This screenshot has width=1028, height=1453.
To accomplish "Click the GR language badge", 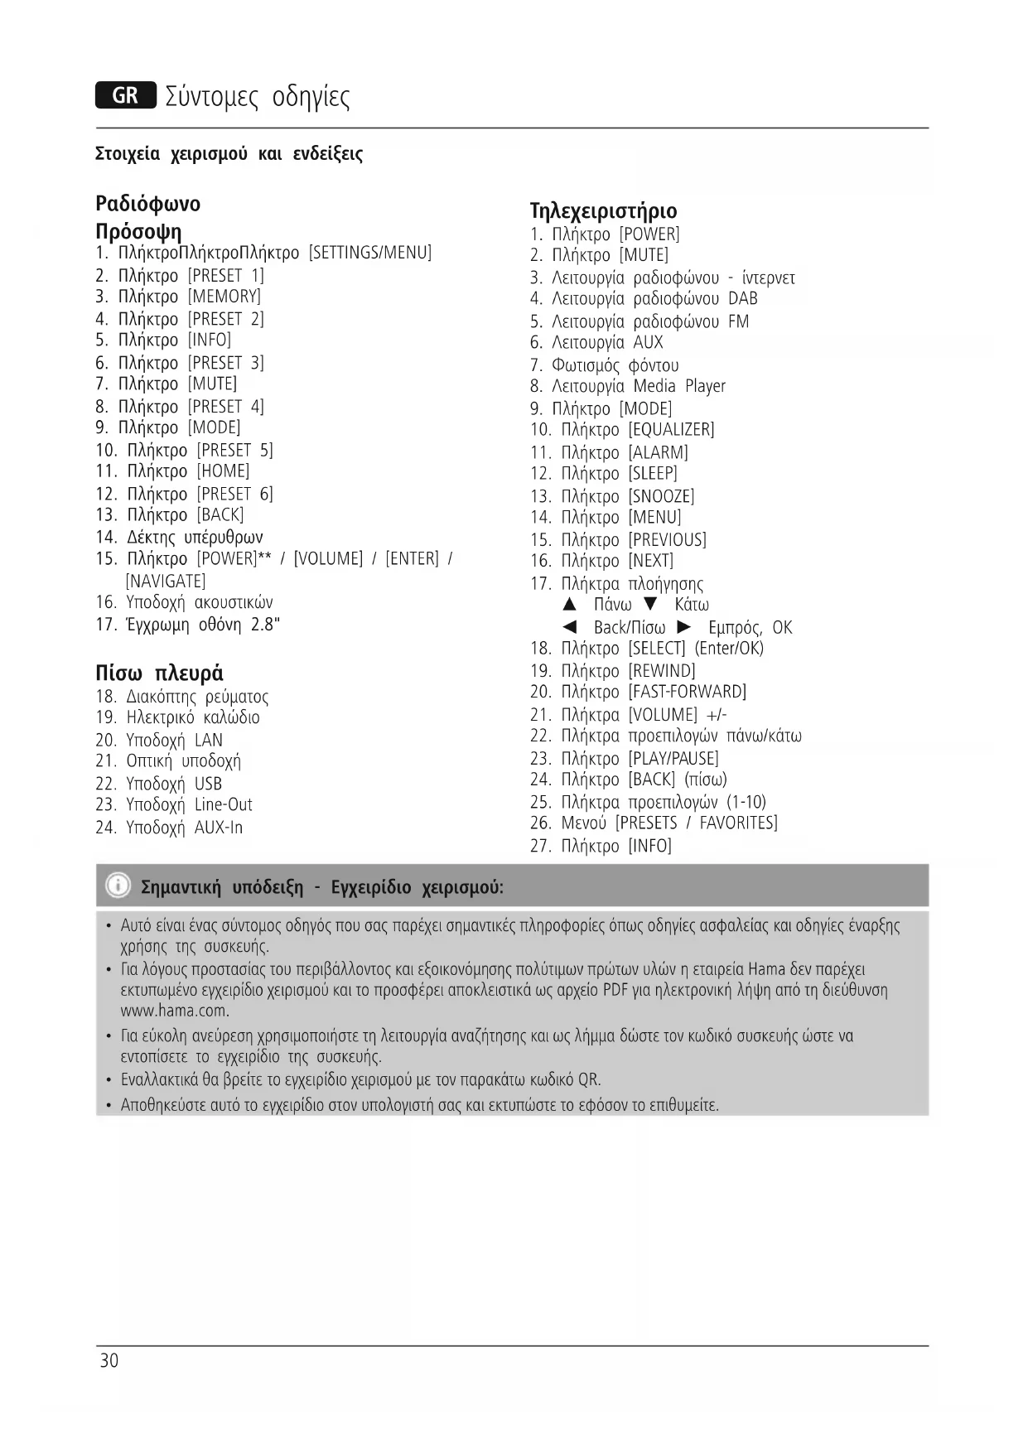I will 125,96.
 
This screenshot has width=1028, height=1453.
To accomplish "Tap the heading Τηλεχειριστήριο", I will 603,210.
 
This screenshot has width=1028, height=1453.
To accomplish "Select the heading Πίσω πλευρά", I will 159,673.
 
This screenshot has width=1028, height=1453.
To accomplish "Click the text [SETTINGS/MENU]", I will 370,253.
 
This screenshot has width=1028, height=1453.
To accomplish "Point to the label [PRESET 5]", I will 234,451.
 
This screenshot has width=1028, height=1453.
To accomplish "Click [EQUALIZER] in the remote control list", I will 671,430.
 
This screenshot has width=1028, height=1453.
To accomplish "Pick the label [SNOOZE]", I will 661,496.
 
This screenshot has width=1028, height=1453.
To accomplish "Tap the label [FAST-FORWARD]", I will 687,692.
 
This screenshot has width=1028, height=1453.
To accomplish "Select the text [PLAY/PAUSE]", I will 673,759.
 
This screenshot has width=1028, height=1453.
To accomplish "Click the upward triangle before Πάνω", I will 569,604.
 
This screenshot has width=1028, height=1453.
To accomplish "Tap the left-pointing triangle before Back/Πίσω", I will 569,627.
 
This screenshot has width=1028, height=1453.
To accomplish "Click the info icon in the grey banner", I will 118,886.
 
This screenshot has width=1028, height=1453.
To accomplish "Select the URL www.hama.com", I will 174,1011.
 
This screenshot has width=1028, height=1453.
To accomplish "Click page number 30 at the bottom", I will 109,1361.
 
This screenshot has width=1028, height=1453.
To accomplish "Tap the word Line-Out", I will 224,804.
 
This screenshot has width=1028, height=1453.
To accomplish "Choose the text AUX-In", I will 219,828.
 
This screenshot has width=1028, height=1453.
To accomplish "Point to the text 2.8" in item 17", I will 265,625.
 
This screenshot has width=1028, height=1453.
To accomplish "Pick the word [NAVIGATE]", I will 166,582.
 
